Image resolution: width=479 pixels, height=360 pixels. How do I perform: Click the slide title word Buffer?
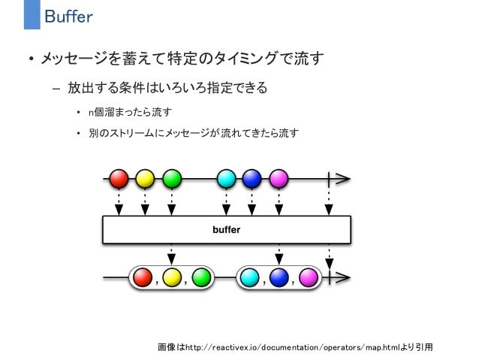tap(68, 16)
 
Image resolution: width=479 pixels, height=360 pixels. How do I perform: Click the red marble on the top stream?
tap(119, 179)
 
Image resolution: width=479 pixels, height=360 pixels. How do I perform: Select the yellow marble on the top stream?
tap(146, 179)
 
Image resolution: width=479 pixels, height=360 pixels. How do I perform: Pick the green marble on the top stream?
tap(172, 179)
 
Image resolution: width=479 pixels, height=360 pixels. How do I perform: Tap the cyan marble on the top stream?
tap(226, 179)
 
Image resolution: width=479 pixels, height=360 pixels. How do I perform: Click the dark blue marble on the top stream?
tap(252, 179)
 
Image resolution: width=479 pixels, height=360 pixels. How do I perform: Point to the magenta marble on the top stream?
tap(279, 179)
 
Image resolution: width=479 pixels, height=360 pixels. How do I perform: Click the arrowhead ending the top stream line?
tap(344, 179)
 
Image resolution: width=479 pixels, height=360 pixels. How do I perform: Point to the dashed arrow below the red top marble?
tap(119, 201)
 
